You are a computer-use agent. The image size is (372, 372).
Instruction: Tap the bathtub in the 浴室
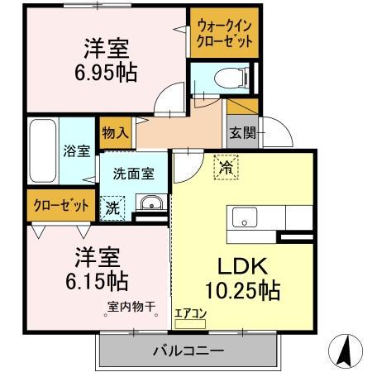41,153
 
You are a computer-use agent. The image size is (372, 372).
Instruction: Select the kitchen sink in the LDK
246,219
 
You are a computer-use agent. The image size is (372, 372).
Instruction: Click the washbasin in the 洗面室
150,204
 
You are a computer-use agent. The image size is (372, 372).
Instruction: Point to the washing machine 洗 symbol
112,208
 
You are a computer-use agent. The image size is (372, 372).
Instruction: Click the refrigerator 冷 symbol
226,167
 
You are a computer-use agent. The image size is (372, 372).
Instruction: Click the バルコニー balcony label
188,351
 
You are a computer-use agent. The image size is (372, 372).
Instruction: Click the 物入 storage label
116,132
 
